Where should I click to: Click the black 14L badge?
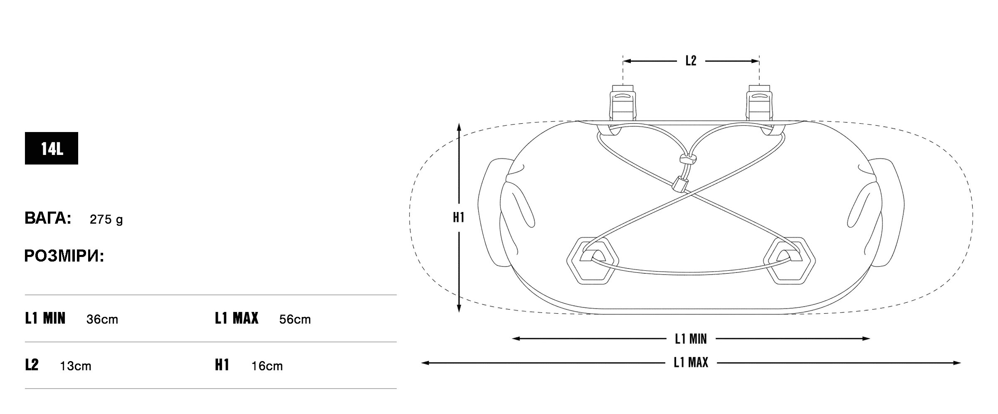[x=52, y=148]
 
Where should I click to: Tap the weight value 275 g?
[x=106, y=219]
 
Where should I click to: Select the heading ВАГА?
[x=48, y=218]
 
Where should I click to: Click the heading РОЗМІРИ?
[x=64, y=256]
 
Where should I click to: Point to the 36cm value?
[x=102, y=319]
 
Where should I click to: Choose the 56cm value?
[x=295, y=319]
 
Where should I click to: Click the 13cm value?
[x=75, y=366]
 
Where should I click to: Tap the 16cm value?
[x=267, y=366]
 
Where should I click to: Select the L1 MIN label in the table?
[x=45, y=319]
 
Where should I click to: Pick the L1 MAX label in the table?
[x=237, y=319]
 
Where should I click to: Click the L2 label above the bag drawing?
[x=691, y=61]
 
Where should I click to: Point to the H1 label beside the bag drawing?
[x=459, y=217]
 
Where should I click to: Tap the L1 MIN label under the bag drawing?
[x=691, y=339]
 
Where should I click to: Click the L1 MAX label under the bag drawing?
[x=691, y=363]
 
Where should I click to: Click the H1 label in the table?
[x=222, y=365]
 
